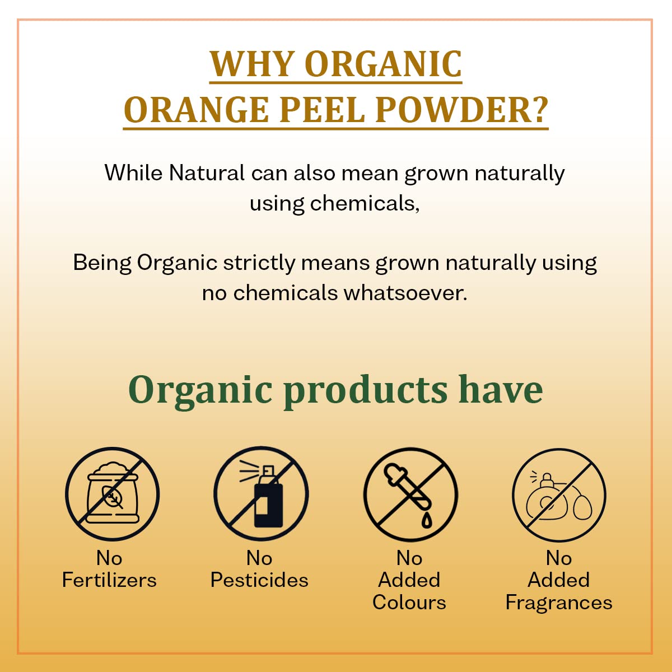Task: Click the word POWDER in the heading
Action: (452, 110)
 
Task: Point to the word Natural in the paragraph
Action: (207, 172)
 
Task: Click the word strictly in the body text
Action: (259, 263)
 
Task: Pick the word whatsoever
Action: (405, 293)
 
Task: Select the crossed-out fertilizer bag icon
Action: (113, 494)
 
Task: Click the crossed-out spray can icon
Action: (261, 494)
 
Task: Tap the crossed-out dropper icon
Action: (410, 494)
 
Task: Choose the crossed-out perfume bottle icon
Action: (559, 495)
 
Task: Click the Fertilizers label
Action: (109, 581)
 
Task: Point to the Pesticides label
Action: (259, 581)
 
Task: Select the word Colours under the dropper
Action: (409, 603)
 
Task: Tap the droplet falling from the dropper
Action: (427, 520)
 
